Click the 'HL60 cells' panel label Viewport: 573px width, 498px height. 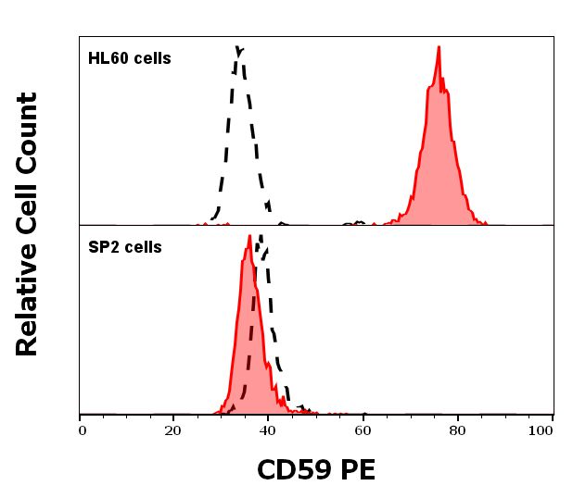[129, 59]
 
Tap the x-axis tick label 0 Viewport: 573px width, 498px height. [82, 430]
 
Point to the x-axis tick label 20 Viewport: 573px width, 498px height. [172, 430]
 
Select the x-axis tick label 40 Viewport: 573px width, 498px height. [267, 430]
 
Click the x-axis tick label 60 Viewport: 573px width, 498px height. [362, 430]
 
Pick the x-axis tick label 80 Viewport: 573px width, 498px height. [456, 430]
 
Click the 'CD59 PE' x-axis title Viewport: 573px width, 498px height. [315, 470]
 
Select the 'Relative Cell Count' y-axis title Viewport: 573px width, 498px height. [28, 224]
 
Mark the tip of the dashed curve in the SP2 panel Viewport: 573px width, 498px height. [261, 238]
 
